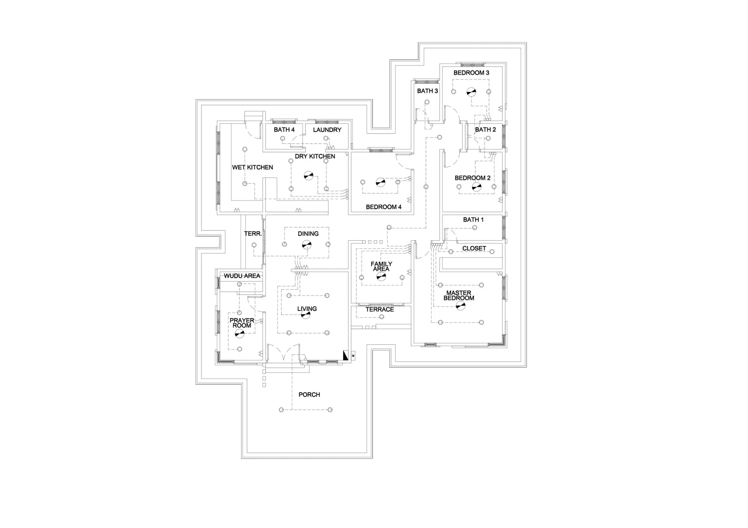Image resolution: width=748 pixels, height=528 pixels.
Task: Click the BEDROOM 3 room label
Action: [471, 73]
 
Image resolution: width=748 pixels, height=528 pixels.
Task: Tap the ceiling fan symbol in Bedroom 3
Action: [471, 92]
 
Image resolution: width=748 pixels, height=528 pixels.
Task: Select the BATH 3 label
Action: [427, 91]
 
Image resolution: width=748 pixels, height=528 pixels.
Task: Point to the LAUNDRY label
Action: [327, 130]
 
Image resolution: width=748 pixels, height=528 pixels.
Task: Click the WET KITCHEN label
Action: [252, 167]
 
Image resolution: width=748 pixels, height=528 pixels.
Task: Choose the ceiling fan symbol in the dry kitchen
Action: [309, 176]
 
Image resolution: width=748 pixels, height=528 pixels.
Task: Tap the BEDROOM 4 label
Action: [383, 207]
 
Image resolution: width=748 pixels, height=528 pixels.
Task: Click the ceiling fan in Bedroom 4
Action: [380, 182]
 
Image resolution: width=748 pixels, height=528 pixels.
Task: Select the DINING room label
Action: [308, 234]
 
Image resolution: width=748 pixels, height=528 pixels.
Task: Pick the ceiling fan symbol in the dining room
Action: [307, 245]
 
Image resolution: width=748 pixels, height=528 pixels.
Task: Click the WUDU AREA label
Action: [242, 276]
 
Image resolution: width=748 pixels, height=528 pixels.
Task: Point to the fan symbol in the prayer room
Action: [240, 333]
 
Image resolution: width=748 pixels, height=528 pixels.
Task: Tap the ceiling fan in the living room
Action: [305, 315]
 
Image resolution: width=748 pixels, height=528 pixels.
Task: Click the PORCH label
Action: [309, 395]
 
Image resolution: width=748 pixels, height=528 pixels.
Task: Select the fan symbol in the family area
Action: [381, 277]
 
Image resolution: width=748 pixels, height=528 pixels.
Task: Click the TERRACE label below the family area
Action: [380, 310]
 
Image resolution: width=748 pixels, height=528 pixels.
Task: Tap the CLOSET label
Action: [474, 248]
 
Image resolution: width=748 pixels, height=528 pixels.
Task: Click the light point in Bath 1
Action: [475, 228]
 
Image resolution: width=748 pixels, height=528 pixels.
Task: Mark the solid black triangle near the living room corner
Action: [346, 355]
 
